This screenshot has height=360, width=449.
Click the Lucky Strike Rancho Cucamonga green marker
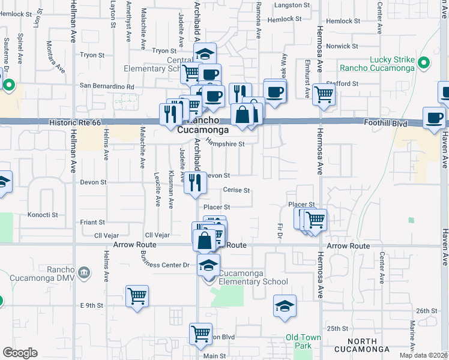pos(424,63)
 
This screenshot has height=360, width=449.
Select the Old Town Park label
pos(303,341)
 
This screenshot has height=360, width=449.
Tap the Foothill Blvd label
pos(386,124)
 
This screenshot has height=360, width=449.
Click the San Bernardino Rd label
pos(107,86)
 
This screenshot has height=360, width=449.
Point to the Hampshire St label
pos(225,143)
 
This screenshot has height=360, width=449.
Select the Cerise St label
pos(236,190)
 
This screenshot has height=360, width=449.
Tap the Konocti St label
pos(43,214)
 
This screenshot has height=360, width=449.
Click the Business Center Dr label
pos(164,261)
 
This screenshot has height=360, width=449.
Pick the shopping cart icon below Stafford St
pos(324,94)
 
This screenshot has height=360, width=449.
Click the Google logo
pos(20,353)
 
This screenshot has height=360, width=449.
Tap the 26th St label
pos(424,310)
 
